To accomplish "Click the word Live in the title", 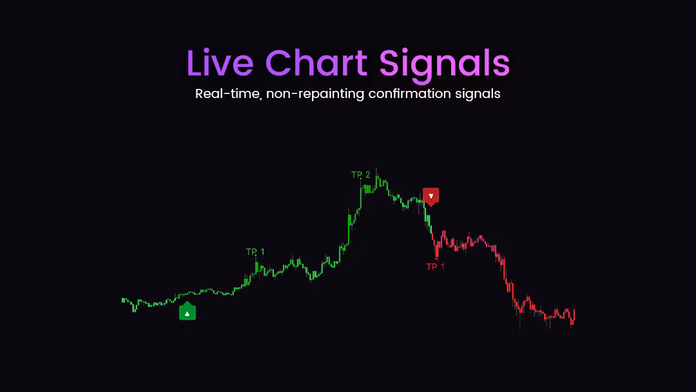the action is click(x=220, y=63).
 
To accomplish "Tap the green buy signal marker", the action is click(x=188, y=311).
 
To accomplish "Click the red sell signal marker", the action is click(x=430, y=197).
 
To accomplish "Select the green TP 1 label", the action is click(x=255, y=251).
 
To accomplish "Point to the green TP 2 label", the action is click(x=360, y=175).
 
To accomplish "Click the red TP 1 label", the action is click(x=435, y=267).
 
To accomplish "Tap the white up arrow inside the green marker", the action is click(x=188, y=314).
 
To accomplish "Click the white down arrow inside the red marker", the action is click(x=430, y=196).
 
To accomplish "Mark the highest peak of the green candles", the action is click(x=376, y=169).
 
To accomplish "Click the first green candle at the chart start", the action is click(x=123, y=300).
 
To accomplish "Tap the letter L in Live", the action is click(x=194, y=63).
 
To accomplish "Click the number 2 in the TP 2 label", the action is click(x=367, y=175).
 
